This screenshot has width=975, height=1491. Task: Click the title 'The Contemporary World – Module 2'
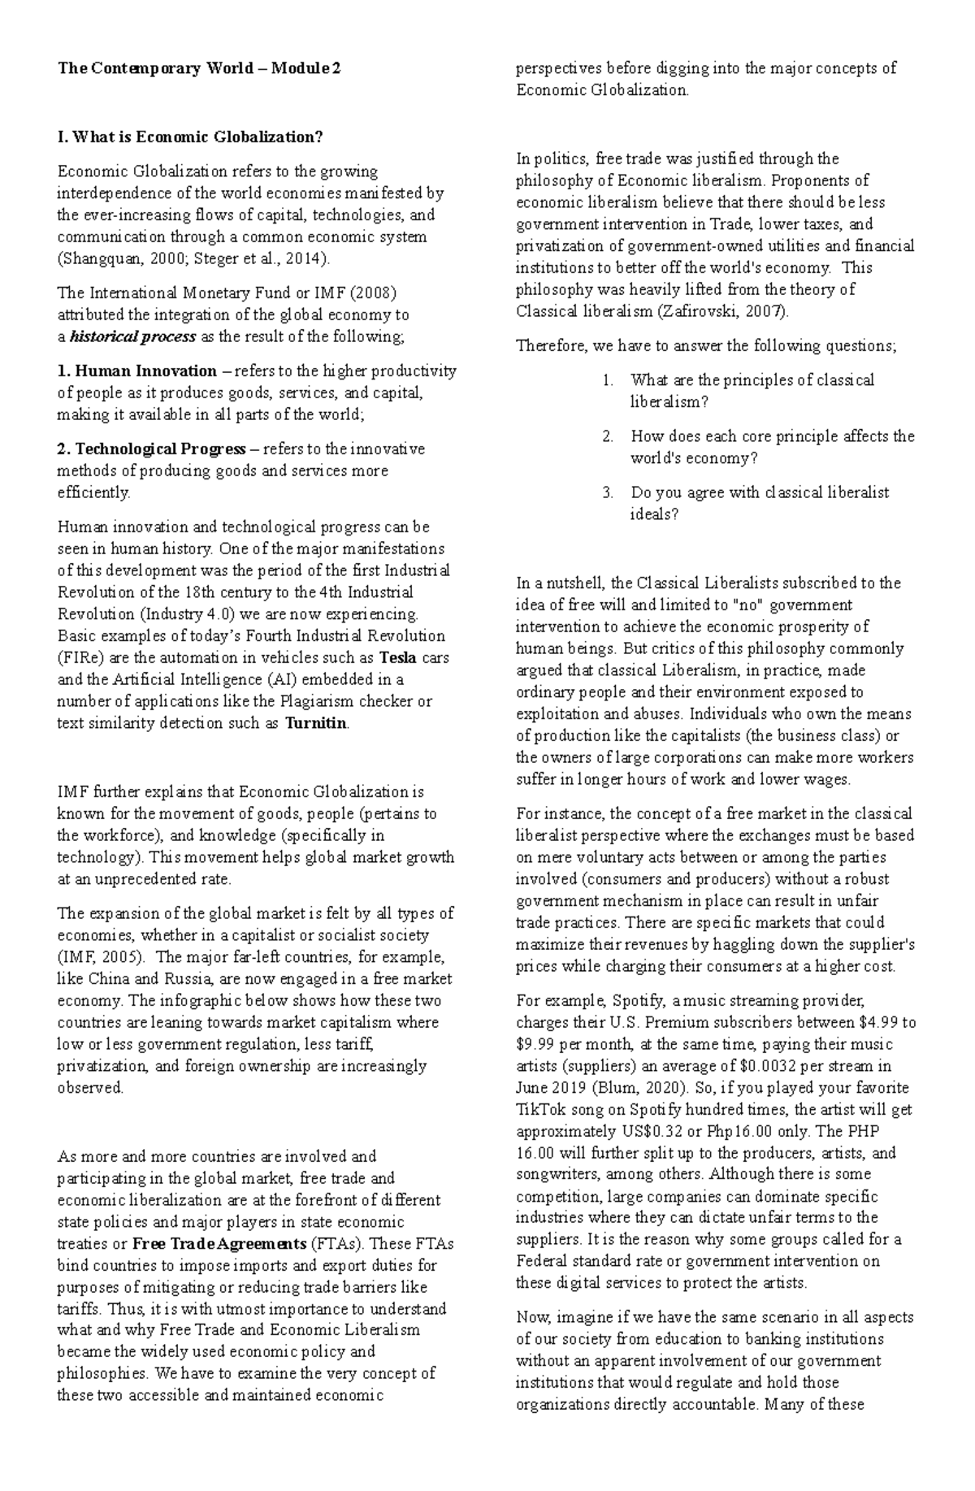tap(199, 69)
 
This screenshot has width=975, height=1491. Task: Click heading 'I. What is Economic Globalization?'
tap(189, 137)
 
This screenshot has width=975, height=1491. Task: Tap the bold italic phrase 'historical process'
tap(133, 336)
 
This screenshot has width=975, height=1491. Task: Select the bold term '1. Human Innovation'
tap(137, 371)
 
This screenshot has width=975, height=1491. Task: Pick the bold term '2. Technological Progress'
tap(151, 449)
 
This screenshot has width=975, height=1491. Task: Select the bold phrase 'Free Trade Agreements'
tap(219, 1244)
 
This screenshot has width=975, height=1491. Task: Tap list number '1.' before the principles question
tap(609, 379)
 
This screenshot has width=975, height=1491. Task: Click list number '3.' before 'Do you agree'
tap(609, 492)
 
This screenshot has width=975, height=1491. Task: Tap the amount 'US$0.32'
tap(643, 1131)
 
